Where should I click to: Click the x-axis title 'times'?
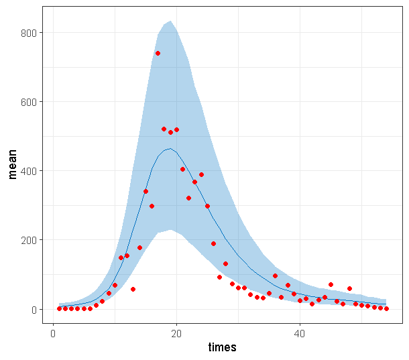pyautogui.click(x=221, y=347)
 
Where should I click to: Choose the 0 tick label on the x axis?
pyautogui.click(x=53, y=333)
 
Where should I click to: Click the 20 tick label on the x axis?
pyautogui.click(x=176, y=333)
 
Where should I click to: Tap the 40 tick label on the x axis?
pyautogui.click(x=300, y=333)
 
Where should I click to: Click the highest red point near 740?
pyautogui.click(x=158, y=53)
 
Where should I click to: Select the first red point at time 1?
pyautogui.click(x=59, y=308)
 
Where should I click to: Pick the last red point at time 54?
pyautogui.click(x=386, y=308)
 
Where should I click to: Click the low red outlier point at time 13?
pyautogui.click(x=133, y=289)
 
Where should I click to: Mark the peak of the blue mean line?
pyautogui.click(x=170, y=149)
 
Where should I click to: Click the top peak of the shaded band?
pyautogui.click(x=171, y=21)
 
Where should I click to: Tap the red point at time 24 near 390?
pyautogui.click(x=201, y=174)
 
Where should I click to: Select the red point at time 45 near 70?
pyautogui.click(x=331, y=284)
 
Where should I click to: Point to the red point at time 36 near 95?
pyautogui.click(x=275, y=276)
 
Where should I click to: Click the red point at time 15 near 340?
pyautogui.click(x=145, y=192)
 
